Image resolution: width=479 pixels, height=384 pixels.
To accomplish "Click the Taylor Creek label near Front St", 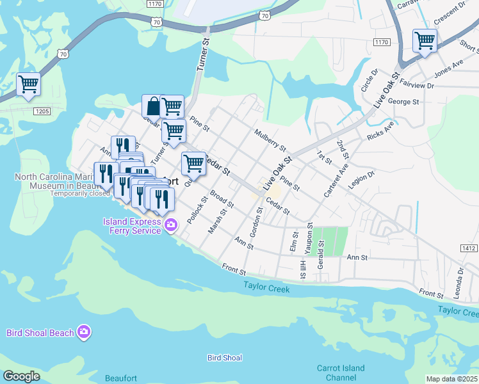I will (x=266, y=289).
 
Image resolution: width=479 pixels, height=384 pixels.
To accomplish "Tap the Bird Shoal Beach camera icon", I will (x=84, y=332).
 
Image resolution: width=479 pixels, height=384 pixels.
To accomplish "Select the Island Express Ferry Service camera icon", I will (x=171, y=224).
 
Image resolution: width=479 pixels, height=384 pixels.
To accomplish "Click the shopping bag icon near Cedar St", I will (x=154, y=106).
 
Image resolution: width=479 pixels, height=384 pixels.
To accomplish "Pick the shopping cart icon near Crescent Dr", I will (x=425, y=41).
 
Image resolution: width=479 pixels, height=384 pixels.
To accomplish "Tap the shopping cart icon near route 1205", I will (x=28, y=84).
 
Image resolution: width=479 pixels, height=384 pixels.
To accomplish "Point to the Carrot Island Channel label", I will (x=341, y=372).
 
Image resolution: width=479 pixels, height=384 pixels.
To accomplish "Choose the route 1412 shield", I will (x=469, y=247).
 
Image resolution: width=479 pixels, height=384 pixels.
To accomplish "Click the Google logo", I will (x=21, y=376).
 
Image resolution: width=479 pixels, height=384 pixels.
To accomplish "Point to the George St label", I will (x=403, y=101).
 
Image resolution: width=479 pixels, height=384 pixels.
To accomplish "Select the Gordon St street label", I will (x=256, y=222).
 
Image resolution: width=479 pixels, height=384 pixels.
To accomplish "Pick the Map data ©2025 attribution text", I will (x=451, y=379).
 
